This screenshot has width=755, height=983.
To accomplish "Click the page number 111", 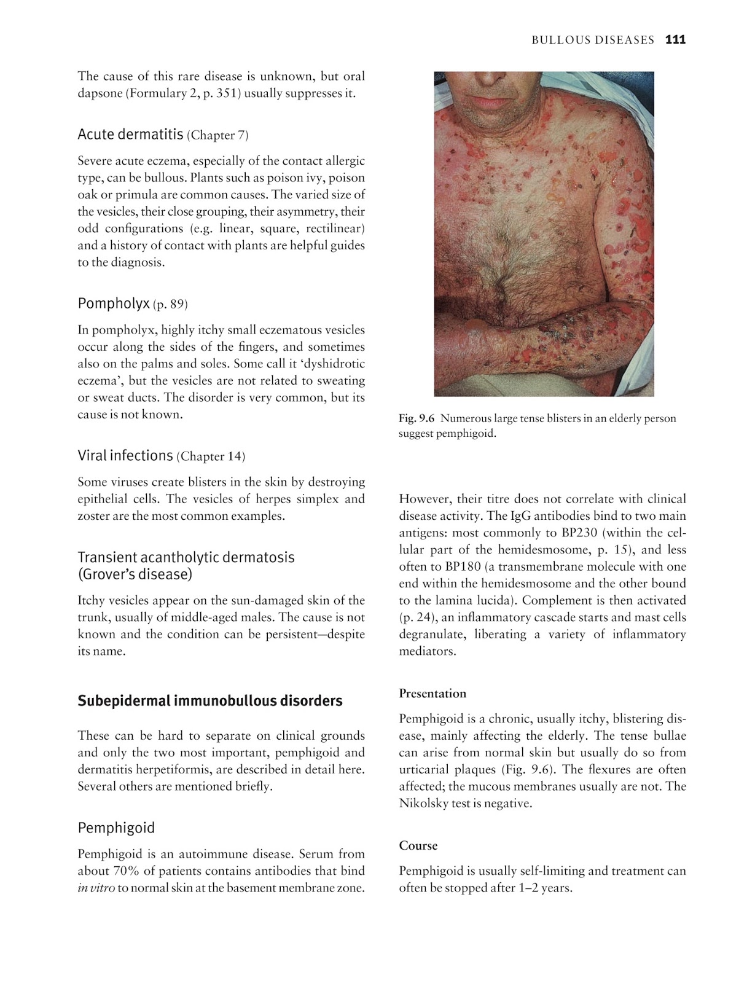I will coord(675,40).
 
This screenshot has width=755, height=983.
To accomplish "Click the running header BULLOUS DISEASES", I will coord(593,40).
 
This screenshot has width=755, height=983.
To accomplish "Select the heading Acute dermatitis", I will coord(130,134).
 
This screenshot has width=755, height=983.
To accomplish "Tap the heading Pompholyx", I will coord(114,303).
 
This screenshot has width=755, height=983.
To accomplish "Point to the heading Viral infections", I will coord(125,455).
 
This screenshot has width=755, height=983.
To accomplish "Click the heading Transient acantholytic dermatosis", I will coord(186,557).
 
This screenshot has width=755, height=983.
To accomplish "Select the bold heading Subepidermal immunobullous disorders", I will coord(210,701).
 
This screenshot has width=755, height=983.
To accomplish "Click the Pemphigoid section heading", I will coord(116,828).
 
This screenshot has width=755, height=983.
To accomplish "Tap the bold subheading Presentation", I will coord(432,694).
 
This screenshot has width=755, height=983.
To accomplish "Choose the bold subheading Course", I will coord(418,845).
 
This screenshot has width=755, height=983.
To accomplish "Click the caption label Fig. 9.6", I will coord(417,418).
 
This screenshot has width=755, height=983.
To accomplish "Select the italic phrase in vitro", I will coord(96,888).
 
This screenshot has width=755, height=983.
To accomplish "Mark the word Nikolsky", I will coord(426,803).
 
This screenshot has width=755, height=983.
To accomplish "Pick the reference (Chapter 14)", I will coord(211,456).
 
